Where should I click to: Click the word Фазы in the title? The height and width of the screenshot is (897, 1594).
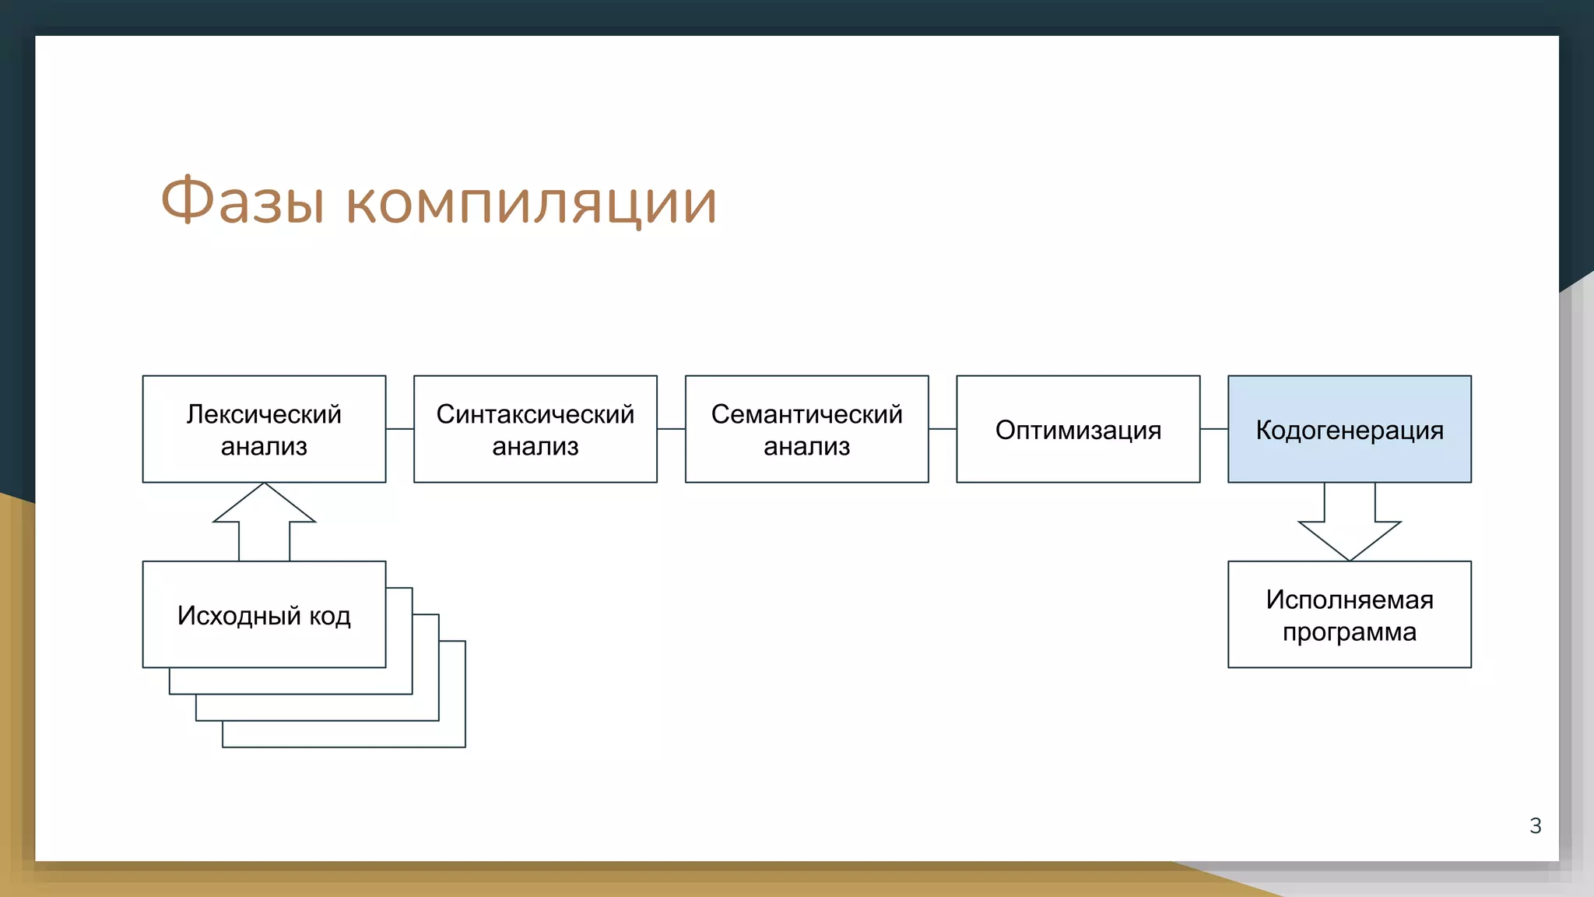(x=242, y=201)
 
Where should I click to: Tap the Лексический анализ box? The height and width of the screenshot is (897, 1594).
(x=264, y=429)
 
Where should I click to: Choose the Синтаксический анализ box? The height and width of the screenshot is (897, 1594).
(x=535, y=429)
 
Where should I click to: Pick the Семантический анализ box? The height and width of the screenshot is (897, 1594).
(x=806, y=429)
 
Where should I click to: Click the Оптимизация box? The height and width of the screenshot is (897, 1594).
(x=1078, y=429)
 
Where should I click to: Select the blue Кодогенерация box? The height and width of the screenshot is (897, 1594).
(x=1349, y=429)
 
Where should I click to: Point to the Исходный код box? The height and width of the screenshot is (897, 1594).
(x=264, y=614)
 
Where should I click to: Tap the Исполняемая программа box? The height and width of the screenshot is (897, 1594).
(x=1349, y=614)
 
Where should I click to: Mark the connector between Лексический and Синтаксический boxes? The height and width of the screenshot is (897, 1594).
(x=399, y=429)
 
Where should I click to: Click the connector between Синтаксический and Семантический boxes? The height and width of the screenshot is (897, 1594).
(x=671, y=429)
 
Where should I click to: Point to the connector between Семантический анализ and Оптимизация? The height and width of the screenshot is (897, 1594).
(x=942, y=429)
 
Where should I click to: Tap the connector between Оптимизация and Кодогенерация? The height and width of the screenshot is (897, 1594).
(x=1213, y=429)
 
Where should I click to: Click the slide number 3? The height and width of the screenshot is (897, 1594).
(x=1535, y=825)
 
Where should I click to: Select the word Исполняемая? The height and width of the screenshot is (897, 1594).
(x=1349, y=600)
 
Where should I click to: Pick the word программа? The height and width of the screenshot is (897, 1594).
(x=1349, y=631)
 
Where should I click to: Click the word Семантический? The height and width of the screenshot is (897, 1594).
(x=806, y=414)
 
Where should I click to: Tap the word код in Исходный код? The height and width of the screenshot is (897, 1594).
(x=330, y=616)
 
